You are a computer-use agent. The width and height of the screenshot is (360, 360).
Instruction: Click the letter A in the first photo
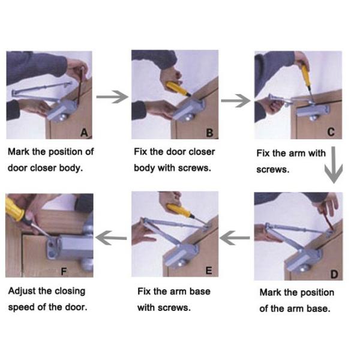pos(84,133)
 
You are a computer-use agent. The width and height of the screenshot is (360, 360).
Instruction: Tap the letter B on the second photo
pos(209,133)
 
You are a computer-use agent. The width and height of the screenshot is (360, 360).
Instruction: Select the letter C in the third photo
pos(331,132)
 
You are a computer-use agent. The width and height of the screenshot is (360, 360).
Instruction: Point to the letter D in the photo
pos(334,274)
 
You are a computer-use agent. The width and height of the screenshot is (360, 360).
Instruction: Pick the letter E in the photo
pos(209,271)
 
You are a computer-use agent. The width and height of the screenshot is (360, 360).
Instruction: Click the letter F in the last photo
pos(64,272)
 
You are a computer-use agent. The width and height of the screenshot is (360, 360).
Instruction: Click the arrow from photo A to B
pos(112,97)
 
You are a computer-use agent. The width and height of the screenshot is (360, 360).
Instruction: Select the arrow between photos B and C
pos(236,101)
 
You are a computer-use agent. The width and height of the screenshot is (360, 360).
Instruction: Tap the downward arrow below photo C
pos(334,165)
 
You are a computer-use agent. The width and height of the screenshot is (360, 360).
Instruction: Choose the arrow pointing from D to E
pos(235,238)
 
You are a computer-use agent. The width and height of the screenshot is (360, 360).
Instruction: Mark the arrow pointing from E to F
pos(112,238)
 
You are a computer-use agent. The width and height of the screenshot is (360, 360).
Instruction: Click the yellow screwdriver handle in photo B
pos(177,89)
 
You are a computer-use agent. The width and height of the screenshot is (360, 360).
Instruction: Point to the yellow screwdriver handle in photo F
pos(15,209)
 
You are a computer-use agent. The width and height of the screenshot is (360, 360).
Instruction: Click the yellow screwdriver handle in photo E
pos(179,211)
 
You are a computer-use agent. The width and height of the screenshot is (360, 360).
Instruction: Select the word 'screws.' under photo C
pos(273,170)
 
